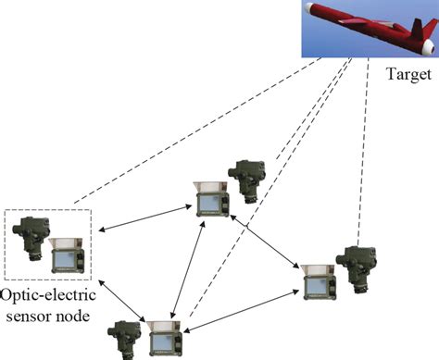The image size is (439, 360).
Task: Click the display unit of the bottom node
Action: click(x=161, y=339)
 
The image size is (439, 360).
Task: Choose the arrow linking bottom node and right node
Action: click(x=243, y=305)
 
